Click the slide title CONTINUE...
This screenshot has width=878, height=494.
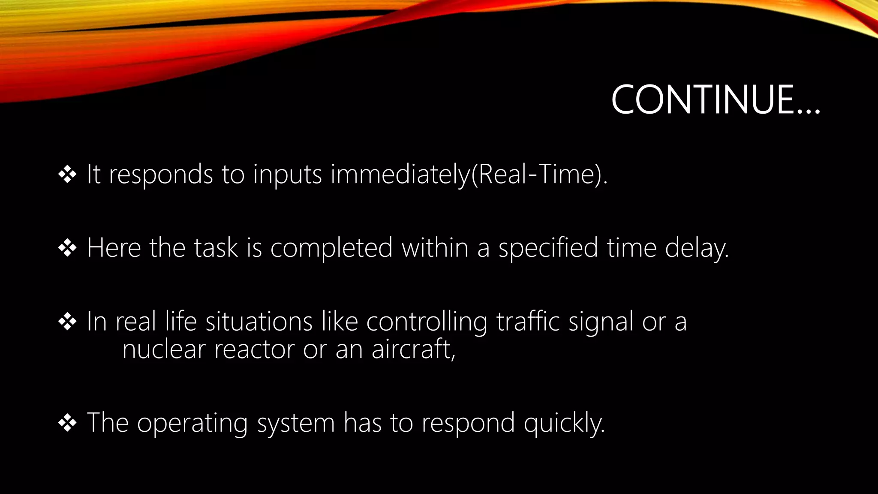coord(715,100)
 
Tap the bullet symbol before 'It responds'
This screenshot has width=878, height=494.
coord(67,175)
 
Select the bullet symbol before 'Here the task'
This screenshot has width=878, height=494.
coord(67,248)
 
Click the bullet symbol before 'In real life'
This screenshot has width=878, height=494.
coord(67,322)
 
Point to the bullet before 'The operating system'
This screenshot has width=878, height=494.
coord(67,423)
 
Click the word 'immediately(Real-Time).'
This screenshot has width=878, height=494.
coord(469,175)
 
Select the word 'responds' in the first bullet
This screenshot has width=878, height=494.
coord(161,175)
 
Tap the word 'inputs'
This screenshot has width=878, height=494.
coord(287,175)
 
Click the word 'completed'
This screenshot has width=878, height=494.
coord(331,248)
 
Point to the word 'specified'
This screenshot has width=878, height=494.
coord(548,248)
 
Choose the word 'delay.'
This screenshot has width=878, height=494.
coord(697,248)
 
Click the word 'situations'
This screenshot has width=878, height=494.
coord(259,322)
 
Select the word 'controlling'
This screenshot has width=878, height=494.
coord(427,322)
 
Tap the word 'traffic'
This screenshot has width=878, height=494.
coord(528,322)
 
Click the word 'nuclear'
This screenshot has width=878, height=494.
coord(164,349)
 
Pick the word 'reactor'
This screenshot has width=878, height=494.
coord(254,349)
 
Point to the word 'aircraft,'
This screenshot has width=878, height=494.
coord(413,349)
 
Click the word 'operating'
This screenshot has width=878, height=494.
coord(192,423)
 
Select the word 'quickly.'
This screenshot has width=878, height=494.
coord(564,423)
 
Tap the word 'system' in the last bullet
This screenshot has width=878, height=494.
coord(296,423)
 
